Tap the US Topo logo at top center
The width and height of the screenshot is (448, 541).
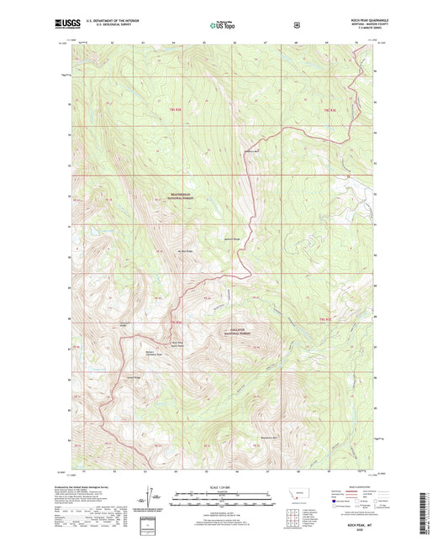coord(222,26)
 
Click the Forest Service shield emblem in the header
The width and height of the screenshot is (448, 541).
coord(297,26)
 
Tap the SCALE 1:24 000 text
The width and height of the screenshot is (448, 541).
coord(223,486)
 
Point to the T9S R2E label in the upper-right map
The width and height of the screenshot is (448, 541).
coord(328,109)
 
